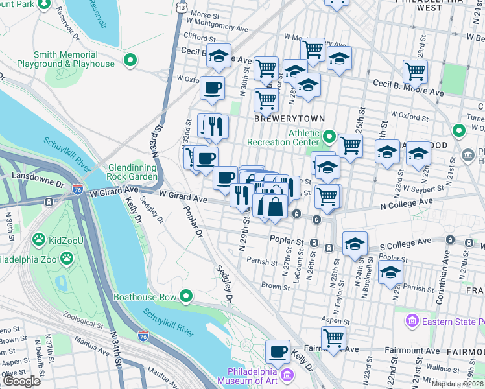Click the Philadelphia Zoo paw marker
[67, 258]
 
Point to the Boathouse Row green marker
[186, 297]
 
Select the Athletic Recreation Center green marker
[329, 137]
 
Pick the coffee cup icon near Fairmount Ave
[278, 351]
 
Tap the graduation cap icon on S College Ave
[355, 244]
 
